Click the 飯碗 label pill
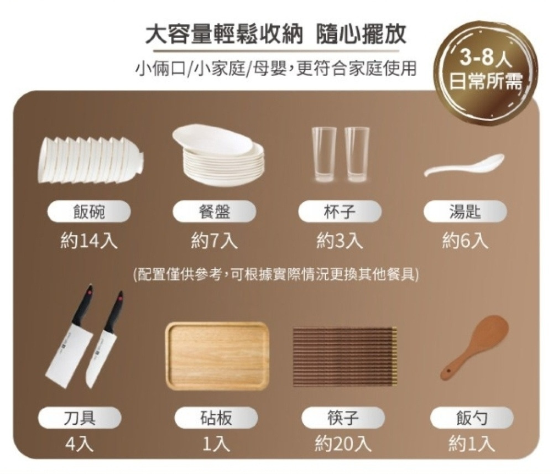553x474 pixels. tap(89, 212)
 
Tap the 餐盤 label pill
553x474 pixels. tap(215, 212)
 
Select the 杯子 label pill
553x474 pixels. tap(340, 212)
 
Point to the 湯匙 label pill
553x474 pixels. tap(465, 212)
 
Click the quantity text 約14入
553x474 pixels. tap(88, 242)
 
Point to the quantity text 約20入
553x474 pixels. tap(343, 444)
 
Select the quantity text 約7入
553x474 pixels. tap(215, 242)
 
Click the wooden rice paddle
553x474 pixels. tap(474, 348)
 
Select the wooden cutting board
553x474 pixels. tap(217, 356)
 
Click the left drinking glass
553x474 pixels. tap(324, 155)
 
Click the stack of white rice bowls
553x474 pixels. tap(90, 159)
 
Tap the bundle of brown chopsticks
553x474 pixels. tap(345, 356)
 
